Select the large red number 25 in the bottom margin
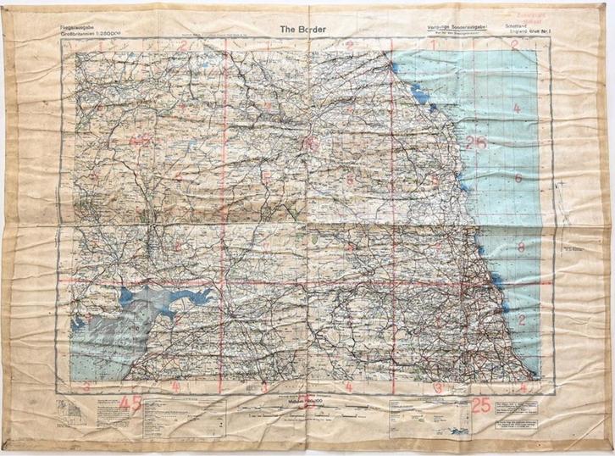click(x=480, y=404)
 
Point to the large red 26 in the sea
click(x=475, y=142)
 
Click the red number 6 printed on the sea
click(x=518, y=178)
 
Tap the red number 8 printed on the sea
click(x=521, y=247)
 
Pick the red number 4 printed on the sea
click(x=523, y=386)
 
